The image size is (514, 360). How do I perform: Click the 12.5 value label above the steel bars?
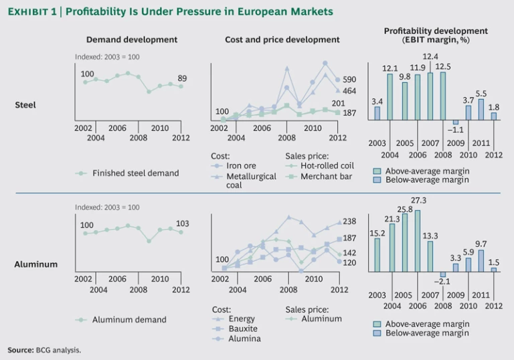click(x=443, y=66)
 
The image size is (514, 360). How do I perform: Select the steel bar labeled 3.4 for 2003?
click(x=377, y=114)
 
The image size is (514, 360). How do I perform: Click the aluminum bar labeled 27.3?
click(x=418, y=241)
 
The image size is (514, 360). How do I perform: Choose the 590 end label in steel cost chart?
click(x=350, y=80)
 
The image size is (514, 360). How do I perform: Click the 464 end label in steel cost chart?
click(x=350, y=90)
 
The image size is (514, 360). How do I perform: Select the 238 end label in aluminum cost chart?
click(x=350, y=221)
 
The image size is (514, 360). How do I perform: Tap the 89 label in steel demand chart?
click(x=181, y=78)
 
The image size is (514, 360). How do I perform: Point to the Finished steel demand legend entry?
click(x=135, y=173)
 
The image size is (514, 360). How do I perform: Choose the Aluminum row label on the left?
click(x=35, y=264)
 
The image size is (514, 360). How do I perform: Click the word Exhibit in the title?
click(x=27, y=12)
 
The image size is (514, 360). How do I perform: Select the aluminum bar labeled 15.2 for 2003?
click(x=377, y=256)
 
